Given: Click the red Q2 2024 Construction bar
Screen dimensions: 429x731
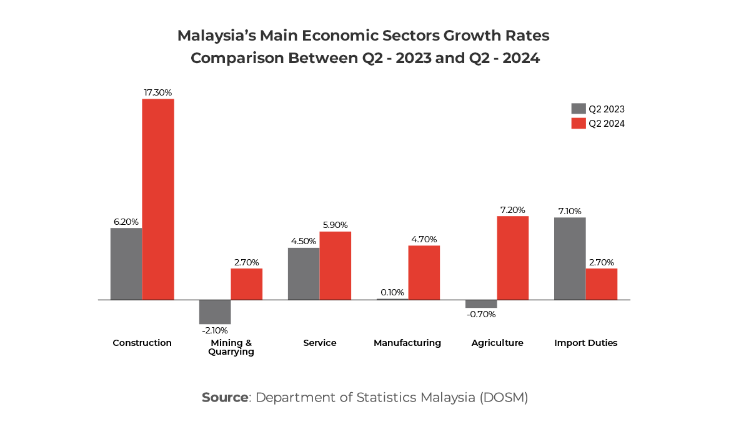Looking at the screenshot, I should [158, 199].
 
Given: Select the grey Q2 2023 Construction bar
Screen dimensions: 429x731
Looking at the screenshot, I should [126, 264].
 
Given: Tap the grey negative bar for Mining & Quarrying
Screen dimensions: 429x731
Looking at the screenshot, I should [215, 312].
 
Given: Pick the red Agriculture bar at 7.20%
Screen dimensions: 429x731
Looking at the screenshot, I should [513, 258].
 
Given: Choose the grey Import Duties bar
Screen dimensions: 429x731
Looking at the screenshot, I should [570, 259].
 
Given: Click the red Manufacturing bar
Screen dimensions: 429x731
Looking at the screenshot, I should [424, 272].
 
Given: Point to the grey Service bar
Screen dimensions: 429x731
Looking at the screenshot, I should [304, 274].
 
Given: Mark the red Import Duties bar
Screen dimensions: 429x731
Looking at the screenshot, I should [602, 284].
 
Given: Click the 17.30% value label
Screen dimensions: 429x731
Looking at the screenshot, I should [158, 92].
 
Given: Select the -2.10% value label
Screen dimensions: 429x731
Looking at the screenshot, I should [215, 330].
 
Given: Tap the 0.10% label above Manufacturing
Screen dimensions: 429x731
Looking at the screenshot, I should [392, 292].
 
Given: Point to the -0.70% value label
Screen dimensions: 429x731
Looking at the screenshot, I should [481, 314].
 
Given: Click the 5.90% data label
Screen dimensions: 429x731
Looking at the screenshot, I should [335, 225].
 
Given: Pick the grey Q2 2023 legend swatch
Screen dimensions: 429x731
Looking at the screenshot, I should [579, 109].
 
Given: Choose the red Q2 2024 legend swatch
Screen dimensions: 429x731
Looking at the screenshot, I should [579, 124].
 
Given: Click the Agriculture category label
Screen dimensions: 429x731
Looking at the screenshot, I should [497, 343].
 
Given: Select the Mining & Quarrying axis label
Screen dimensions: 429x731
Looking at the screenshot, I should [231, 347].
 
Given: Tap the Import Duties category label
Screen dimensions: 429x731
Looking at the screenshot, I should [586, 343].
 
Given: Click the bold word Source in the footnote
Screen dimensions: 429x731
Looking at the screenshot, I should [225, 398].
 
